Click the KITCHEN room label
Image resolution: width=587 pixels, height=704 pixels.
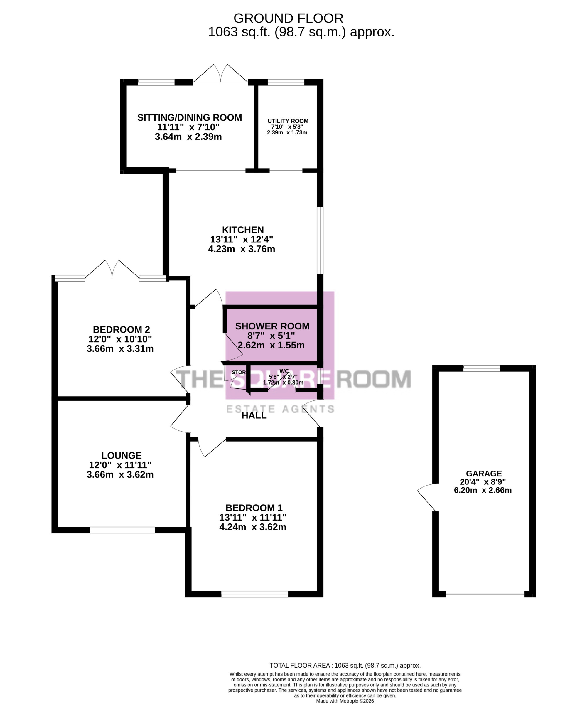(243, 230)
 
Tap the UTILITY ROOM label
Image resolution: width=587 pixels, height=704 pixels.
(288, 121)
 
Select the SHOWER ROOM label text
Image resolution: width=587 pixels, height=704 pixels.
(272, 326)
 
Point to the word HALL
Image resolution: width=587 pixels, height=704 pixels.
(254, 416)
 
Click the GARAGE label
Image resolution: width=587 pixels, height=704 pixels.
(484, 474)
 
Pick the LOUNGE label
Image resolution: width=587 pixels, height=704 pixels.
(121, 456)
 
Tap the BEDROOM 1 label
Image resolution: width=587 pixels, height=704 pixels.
(254, 508)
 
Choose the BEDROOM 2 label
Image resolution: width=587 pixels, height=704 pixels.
(121, 329)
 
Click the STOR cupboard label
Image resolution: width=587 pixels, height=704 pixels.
(239, 373)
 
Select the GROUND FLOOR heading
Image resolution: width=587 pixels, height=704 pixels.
(288, 18)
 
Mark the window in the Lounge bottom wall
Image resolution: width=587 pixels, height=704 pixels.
(122, 530)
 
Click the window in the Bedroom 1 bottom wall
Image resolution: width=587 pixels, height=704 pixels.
(254, 594)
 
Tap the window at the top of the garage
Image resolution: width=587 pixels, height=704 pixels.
(481, 368)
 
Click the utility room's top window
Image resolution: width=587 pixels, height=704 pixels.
(286, 82)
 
